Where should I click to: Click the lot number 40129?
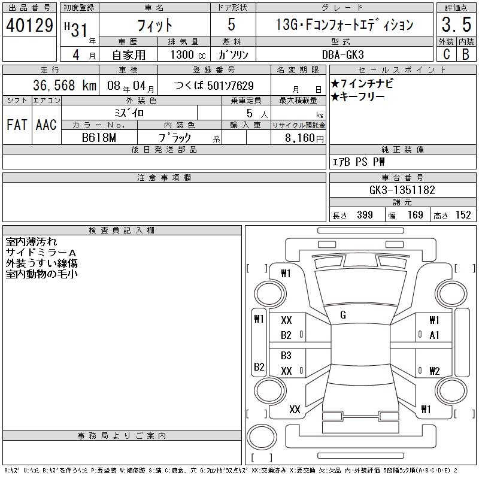(x=29, y=25)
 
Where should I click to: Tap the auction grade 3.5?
(x=456, y=25)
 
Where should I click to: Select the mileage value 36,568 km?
(x=65, y=85)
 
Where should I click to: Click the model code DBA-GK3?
(x=343, y=54)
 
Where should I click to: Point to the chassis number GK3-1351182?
(x=402, y=190)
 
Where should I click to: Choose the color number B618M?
(x=99, y=138)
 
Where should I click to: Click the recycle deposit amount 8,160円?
(x=304, y=138)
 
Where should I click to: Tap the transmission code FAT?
(x=17, y=125)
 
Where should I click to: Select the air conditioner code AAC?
(x=46, y=125)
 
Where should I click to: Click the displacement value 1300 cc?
(x=188, y=54)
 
